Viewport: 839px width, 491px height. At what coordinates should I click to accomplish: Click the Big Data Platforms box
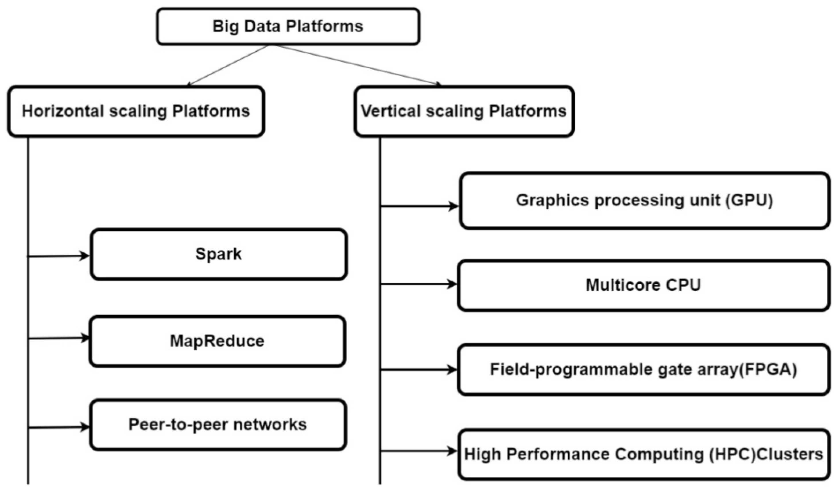288,27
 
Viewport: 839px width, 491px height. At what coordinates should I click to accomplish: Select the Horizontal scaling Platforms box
136,111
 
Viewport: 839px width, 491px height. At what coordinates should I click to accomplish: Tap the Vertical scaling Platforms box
464,111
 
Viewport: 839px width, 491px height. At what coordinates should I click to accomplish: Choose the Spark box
219,254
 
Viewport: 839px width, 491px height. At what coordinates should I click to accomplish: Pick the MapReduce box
217,341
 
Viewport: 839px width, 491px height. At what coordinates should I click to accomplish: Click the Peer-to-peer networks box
218,425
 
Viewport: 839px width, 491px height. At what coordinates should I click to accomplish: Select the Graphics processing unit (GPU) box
644,200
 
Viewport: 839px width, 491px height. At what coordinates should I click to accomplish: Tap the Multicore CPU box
643,285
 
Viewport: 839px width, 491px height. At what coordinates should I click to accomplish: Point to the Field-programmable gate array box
643,370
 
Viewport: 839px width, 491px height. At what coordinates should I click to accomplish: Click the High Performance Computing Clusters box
643,454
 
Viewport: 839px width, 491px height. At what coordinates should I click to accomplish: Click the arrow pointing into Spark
58,256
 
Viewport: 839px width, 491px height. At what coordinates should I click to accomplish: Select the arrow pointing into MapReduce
58,339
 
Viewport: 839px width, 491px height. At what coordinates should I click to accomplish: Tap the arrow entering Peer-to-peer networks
58,427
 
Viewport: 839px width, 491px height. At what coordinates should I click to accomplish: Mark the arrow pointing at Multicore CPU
418,284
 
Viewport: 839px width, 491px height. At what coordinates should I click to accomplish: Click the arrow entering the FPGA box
418,370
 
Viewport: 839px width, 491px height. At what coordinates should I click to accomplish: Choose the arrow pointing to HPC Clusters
418,451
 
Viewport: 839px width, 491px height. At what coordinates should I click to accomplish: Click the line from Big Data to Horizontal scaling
228,65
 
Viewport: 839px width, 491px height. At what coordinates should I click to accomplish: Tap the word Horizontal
63,111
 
